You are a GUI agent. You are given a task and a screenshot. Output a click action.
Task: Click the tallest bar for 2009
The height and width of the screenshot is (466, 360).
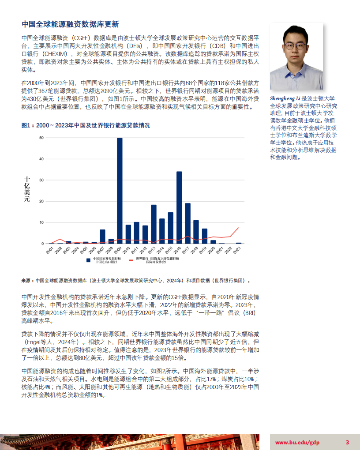coord(120,191)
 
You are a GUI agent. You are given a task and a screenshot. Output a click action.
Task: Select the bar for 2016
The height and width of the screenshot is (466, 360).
coord(179,207)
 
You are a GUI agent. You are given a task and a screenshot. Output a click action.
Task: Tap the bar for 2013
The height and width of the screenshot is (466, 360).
coord(154,224)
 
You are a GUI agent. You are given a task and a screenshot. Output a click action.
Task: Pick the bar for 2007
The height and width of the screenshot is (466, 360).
coord(102,237)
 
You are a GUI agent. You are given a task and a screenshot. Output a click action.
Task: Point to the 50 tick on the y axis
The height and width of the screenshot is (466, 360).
coord(41,138)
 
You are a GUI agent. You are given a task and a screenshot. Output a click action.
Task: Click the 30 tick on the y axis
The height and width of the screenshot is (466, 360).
coord(41,180)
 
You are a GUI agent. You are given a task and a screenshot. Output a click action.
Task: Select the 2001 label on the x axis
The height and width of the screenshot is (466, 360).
coord(49,250)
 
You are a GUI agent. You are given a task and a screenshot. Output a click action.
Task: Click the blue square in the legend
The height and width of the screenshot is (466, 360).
coord(89,260)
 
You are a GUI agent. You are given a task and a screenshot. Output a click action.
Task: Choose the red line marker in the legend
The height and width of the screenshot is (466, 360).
coord(131,260)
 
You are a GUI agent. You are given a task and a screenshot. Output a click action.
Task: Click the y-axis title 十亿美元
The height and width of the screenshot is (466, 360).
coord(27,189)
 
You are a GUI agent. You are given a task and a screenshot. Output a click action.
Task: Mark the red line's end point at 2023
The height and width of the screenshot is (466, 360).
coord(239,228)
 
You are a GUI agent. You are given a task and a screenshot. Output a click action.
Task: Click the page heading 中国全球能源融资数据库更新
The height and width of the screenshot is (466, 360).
coord(70,24)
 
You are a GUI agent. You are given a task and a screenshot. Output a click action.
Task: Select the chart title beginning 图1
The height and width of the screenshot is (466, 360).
coord(86,126)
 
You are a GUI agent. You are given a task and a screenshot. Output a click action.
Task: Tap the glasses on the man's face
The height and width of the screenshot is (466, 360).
coord(295,45)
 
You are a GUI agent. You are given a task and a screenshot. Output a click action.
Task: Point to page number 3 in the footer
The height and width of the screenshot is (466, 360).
coord(347,443)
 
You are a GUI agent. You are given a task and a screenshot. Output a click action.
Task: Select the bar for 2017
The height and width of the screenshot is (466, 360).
coord(187,223)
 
